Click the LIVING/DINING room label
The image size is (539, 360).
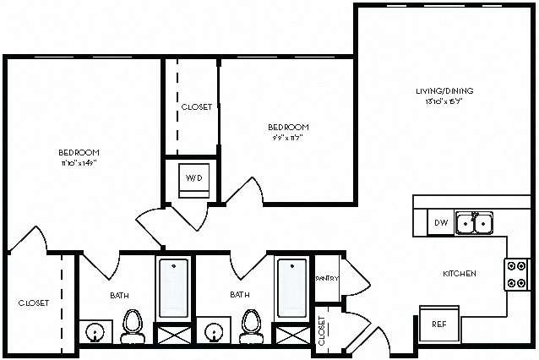coord(444,90)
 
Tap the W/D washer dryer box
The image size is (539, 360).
coord(193,179)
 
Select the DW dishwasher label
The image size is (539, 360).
coord(440,223)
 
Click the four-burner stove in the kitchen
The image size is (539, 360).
coord(516,274)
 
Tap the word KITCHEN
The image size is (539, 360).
coord(460,274)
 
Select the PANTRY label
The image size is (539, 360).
coord(326,278)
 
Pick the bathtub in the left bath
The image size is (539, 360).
coord(174,287)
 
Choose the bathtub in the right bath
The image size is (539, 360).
coord(292,287)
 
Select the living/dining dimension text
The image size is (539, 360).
coord(444,101)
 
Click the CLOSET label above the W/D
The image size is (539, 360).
coord(197,107)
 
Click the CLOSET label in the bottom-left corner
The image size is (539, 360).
coord(34,303)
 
